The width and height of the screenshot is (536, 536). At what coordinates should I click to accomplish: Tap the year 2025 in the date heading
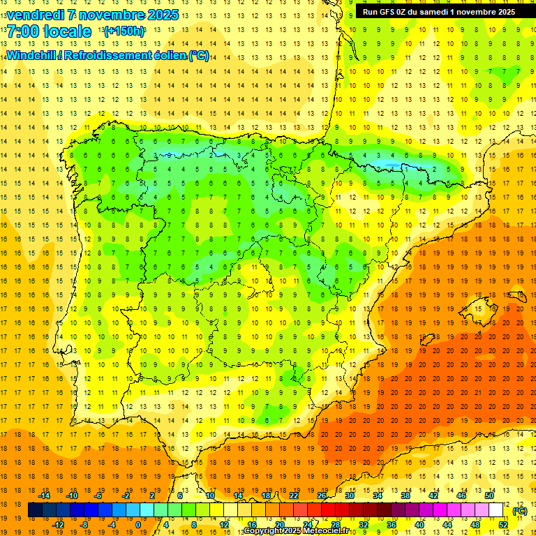pos(162,15)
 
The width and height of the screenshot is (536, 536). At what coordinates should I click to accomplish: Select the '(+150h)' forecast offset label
pos(124,31)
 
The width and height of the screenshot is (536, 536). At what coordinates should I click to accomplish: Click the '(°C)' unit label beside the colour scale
pos(519,511)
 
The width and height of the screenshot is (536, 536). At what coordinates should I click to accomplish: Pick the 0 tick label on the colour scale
pos(138,525)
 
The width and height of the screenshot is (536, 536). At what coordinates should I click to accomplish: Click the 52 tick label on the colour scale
pos(503,525)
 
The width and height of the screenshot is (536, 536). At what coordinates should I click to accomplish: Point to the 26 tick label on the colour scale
pos(322,496)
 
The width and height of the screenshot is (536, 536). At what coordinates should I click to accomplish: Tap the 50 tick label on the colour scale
pos(489,496)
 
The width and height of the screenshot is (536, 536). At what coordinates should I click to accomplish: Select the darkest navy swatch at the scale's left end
pos(35,510)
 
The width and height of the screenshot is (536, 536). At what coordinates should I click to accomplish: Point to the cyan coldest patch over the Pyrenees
pos(388,165)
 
